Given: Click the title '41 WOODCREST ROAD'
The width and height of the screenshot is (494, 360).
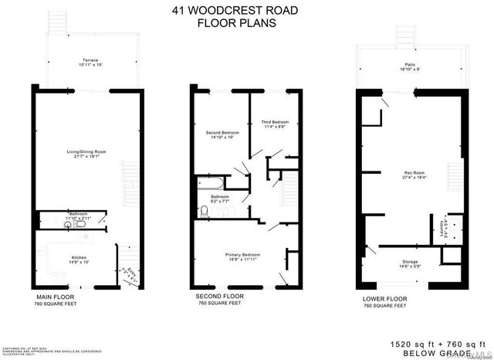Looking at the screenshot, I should point(247,12).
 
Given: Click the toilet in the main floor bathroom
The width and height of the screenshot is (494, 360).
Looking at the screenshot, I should point(46,218).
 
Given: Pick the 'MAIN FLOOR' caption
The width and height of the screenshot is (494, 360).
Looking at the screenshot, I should point(56,297).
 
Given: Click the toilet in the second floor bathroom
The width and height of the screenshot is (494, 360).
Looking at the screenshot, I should point(204,210).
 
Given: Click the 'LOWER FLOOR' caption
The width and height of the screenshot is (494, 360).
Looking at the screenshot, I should point(384,298).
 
